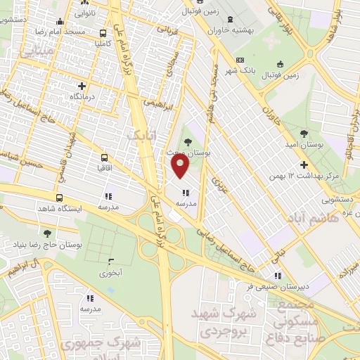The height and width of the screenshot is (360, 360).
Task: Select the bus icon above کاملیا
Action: pos(104,32)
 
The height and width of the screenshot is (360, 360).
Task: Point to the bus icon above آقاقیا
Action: pos(105,158)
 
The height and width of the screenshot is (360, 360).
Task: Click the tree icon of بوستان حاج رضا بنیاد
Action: pos(47,233)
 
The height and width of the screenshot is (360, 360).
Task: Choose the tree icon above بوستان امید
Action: pos(304,133)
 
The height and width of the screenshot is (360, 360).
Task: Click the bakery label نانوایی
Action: pos(84,13)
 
